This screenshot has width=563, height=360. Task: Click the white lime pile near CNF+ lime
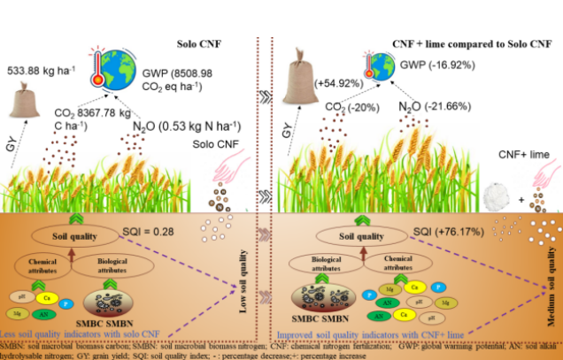click(x=497, y=195)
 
